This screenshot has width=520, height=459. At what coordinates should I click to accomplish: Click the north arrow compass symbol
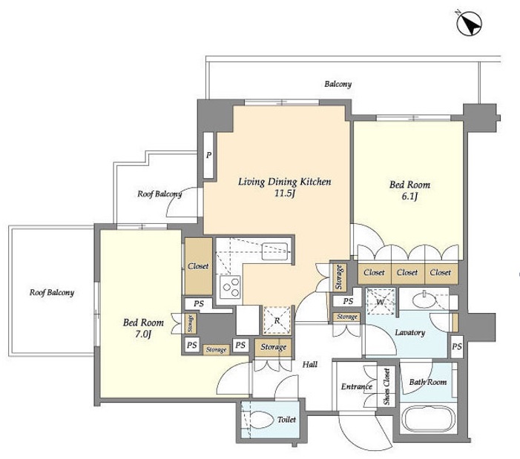470,23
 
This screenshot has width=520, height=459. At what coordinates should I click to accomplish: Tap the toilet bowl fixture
263,420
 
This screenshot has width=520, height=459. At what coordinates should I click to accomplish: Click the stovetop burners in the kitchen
231,287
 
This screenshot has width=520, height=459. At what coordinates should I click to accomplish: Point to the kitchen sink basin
274,251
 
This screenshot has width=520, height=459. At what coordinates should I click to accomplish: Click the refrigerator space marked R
277,320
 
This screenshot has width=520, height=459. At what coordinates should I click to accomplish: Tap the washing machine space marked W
381,302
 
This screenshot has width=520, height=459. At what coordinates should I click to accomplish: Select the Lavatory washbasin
424,300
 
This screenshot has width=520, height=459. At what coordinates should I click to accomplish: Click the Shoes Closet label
386,387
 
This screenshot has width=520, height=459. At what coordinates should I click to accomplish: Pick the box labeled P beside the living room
208,155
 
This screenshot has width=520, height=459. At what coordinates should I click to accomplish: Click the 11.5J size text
284,194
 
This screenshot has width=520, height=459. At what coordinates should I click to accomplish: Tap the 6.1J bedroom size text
409,197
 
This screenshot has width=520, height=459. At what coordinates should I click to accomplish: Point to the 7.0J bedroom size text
143,334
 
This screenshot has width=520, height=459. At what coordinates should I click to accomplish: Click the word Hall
310,365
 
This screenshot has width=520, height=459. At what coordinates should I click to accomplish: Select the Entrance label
357,387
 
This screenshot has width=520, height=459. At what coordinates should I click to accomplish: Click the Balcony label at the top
338,85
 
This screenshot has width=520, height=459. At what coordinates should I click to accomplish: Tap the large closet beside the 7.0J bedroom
198,266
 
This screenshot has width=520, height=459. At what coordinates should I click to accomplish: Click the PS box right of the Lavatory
457,346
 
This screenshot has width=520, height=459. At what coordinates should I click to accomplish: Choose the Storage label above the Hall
273,347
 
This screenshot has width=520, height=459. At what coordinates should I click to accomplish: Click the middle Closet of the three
407,272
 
